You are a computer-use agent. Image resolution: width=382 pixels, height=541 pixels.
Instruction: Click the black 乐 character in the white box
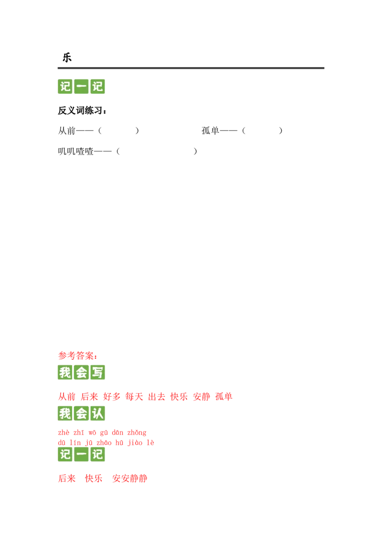pos(67,56)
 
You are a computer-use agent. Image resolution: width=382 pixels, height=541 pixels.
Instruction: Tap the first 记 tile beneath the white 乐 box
pos(65,87)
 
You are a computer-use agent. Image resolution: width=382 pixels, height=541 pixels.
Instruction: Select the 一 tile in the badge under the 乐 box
pos(82,87)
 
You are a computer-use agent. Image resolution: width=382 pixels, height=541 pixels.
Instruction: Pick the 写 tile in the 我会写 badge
pos(98,373)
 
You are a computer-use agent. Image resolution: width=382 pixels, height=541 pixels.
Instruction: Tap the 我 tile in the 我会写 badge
pos(65,373)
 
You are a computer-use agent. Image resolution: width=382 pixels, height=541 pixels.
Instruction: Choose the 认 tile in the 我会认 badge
pos(98,413)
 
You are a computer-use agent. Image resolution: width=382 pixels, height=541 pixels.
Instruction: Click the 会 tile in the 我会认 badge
pos(82,413)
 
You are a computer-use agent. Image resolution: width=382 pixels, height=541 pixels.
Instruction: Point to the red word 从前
pos(67,397)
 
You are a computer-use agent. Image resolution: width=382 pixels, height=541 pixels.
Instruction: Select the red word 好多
pos(112,397)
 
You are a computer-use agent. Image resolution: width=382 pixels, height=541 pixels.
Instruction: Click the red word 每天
pos(134,397)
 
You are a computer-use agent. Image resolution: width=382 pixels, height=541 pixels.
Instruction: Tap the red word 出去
pos(157,397)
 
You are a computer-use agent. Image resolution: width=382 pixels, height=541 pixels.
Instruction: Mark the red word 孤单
pos(223,397)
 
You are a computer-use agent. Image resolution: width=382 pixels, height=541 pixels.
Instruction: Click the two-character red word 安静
pos(201,397)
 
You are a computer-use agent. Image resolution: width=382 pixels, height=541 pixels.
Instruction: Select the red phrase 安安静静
pos(129,478)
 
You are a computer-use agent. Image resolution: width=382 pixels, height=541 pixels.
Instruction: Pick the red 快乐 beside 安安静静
pos(94,478)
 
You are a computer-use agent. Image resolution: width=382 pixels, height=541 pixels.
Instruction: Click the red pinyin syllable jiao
pos(135,443)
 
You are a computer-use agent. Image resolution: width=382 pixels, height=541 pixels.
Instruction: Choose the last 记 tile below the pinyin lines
pos(98,454)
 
